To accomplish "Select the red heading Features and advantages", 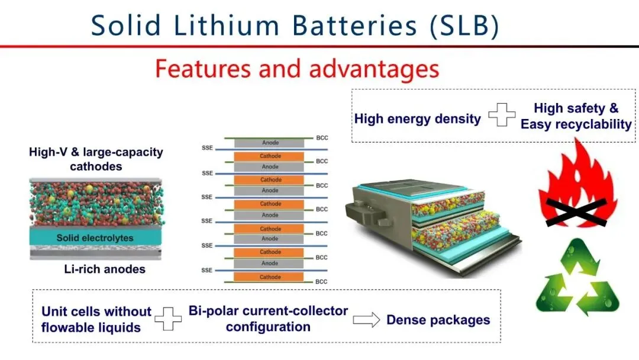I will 297,69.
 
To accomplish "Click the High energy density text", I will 417,118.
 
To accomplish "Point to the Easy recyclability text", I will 576,124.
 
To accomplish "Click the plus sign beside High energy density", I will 501,115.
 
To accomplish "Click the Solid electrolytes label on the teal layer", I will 95,238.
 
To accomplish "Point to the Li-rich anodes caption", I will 104,269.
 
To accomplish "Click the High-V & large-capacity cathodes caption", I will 96,159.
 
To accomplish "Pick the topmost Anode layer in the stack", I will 270,143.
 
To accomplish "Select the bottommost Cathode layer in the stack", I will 270,277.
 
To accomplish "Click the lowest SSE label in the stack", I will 206,270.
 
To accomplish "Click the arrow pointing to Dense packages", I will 366,320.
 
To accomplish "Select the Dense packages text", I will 438,320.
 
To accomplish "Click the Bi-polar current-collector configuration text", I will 269,319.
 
